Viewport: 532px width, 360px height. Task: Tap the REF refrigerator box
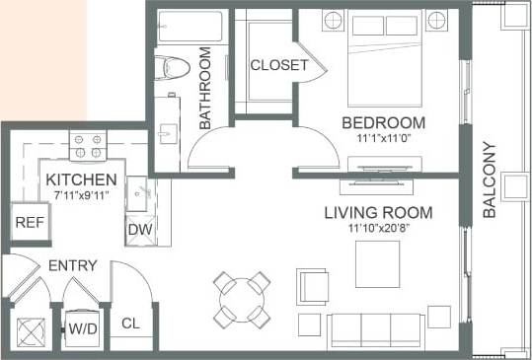(27, 222)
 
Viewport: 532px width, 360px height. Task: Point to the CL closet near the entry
(130, 323)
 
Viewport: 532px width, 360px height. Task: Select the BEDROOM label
(383, 122)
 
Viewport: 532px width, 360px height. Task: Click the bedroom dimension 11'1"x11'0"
(384, 139)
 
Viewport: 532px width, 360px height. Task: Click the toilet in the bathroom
(175, 67)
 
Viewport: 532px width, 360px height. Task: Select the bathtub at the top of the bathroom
(190, 26)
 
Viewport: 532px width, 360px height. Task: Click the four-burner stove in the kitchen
(86, 146)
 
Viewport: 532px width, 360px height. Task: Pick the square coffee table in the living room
(378, 262)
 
